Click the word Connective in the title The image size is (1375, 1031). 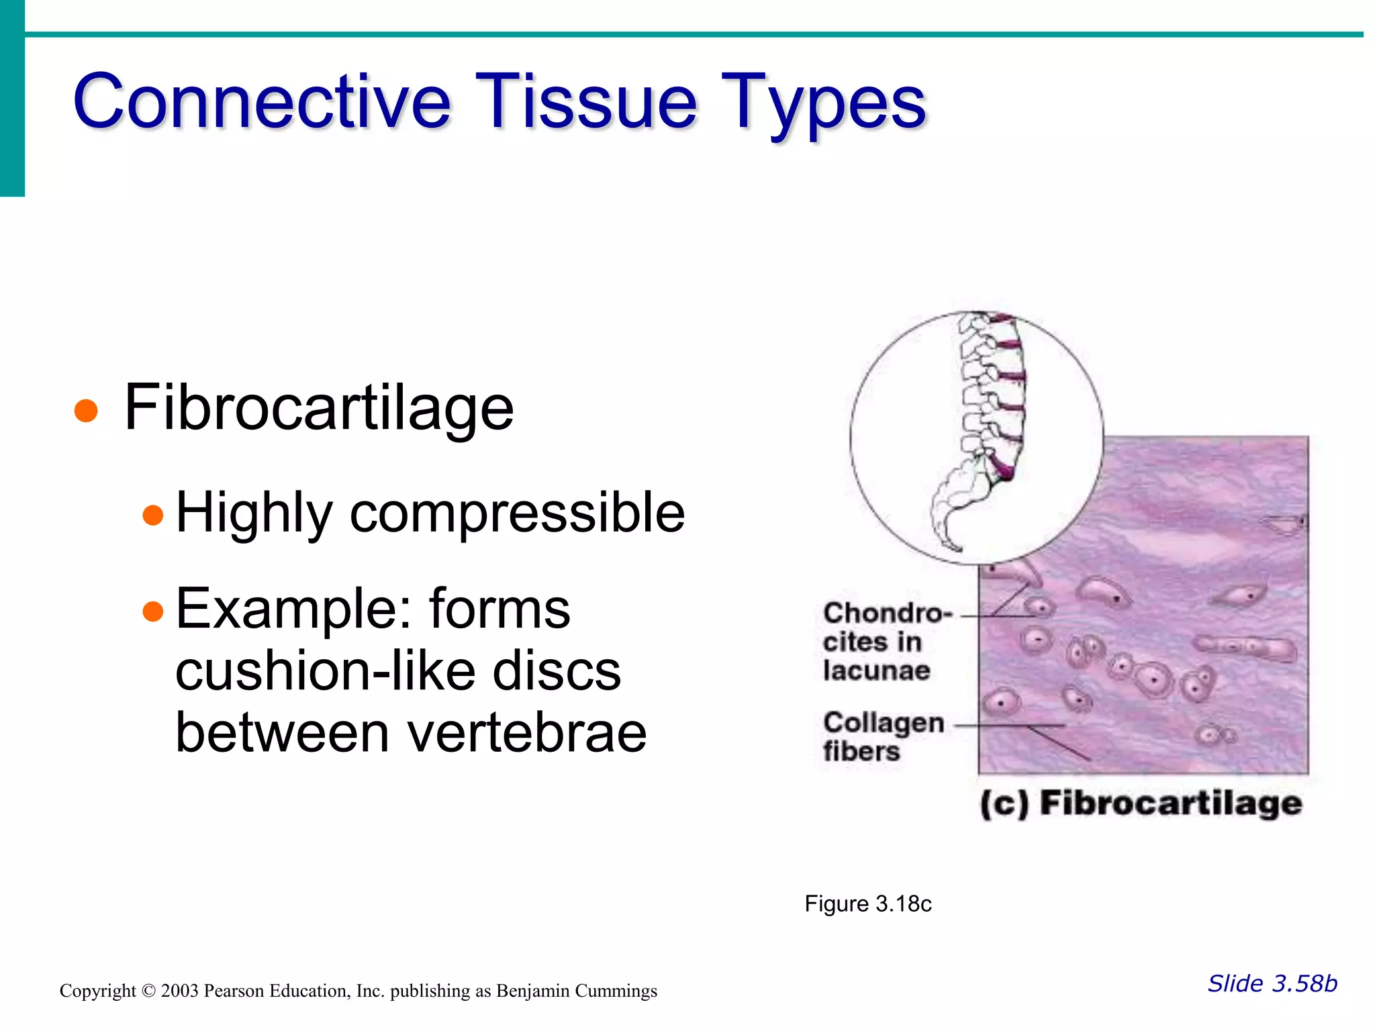(262, 102)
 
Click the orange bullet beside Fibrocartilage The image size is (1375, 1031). (86, 410)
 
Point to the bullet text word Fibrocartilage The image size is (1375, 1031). (319, 408)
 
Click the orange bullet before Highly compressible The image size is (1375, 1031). (153, 515)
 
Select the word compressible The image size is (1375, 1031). (517, 513)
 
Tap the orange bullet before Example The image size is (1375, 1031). (153, 611)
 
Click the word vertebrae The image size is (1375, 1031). (527, 733)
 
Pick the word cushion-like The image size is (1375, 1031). (397, 671)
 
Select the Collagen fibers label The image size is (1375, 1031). (883, 736)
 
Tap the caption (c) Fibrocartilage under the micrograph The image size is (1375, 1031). (1140, 803)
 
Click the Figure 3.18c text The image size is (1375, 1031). (867, 904)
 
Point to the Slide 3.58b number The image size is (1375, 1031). (1272, 983)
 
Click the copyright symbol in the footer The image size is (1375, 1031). (148, 991)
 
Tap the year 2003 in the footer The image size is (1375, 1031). (179, 991)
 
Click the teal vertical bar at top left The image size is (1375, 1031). (12, 98)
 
